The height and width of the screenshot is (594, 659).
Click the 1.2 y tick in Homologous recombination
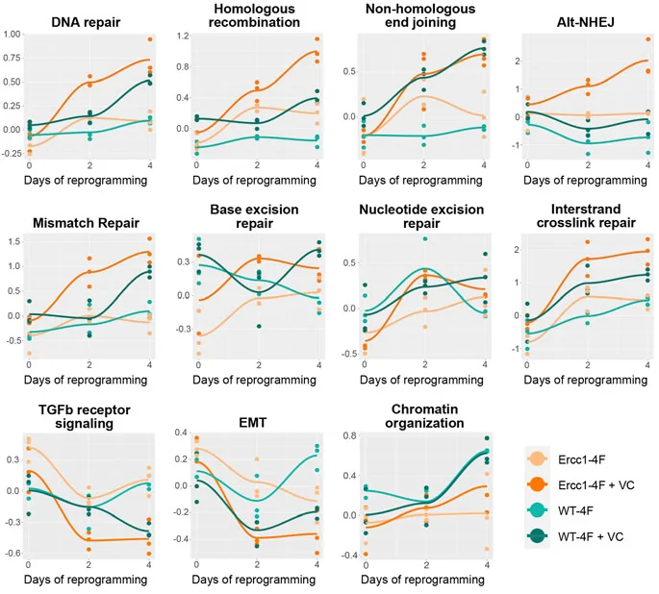(180, 36)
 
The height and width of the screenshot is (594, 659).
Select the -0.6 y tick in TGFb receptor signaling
(13, 554)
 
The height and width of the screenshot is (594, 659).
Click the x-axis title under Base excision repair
(255, 380)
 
